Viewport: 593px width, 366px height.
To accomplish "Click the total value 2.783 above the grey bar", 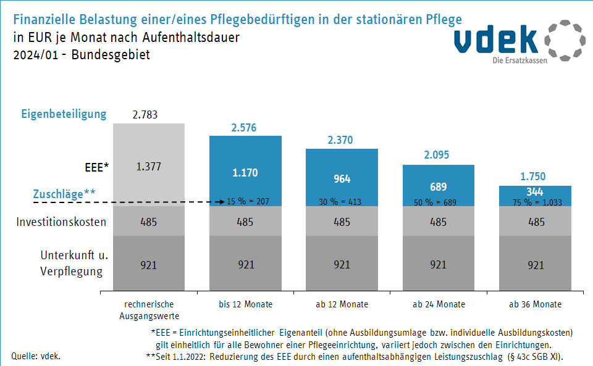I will (x=148, y=115).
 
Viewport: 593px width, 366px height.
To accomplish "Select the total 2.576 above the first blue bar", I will (x=245, y=128).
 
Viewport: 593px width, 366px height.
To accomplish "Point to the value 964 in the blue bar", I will (x=342, y=179).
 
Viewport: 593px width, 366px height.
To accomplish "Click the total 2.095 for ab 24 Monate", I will (x=438, y=156).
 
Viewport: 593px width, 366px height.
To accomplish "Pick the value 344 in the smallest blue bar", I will (x=535, y=191).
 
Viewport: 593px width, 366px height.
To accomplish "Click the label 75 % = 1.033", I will (x=535, y=202).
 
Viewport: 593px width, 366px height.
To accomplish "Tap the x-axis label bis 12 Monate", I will (x=245, y=304).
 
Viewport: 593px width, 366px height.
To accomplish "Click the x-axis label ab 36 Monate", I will (x=535, y=304).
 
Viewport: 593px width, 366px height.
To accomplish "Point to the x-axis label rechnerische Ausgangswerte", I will (x=149, y=309).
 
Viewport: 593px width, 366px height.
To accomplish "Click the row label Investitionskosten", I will (x=61, y=222).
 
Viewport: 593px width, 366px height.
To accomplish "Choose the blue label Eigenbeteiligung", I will (x=64, y=114).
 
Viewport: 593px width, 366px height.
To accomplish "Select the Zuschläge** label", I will (x=64, y=194).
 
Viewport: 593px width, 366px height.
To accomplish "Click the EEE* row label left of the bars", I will (x=97, y=167).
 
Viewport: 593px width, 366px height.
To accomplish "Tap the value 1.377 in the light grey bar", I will (x=148, y=166).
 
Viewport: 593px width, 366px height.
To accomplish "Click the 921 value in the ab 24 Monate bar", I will (x=438, y=265).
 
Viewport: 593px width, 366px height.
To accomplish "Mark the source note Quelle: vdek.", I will (x=36, y=356).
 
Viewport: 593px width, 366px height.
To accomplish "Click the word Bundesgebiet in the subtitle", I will (x=111, y=54).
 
